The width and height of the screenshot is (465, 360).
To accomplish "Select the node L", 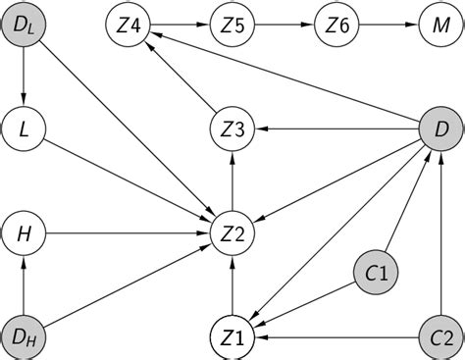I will pos(23,127).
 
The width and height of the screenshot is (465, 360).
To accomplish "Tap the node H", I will pos(23,233).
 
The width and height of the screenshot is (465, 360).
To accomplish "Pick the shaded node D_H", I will pos(23,337).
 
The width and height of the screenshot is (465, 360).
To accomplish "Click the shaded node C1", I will pos(376,275).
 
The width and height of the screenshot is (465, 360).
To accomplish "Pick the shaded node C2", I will pos(439,337).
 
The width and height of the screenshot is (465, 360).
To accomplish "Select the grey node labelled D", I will pos(439,127).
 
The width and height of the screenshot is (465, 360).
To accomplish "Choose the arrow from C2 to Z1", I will pos(335,337).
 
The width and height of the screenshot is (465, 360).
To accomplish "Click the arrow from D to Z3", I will pos(335,127).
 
